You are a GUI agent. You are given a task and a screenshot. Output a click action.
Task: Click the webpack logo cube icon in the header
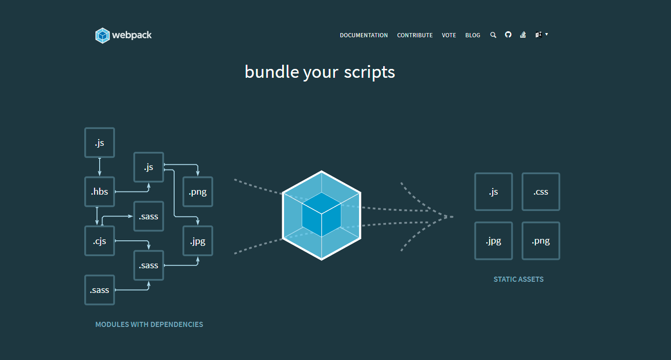(x=102, y=35)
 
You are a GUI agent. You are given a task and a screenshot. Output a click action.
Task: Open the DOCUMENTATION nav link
(x=364, y=35)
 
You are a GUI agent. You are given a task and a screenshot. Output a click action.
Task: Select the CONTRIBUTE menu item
(x=415, y=35)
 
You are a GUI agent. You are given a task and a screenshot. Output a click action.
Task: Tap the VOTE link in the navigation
(x=449, y=35)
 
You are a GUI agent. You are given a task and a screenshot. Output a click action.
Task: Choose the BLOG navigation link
(x=473, y=35)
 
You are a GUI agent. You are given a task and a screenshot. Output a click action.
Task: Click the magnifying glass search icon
(x=493, y=35)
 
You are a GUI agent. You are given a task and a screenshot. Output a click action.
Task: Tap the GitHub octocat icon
(x=508, y=35)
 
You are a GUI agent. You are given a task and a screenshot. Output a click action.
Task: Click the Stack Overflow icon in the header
(x=523, y=35)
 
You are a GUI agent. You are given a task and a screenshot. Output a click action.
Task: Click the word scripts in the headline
(x=369, y=73)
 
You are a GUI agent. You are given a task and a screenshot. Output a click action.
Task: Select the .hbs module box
(x=100, y=192)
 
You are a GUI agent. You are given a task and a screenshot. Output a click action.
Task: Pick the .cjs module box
(x=100, y=241)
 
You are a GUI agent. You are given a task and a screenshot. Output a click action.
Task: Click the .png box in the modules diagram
(x=198, y=192)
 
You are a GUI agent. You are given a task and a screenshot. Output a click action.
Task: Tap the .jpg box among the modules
(x=198, y=241)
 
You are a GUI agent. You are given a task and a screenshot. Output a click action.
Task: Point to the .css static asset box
(x=541, y=192)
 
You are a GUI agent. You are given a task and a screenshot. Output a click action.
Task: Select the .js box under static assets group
(x=494, y=192)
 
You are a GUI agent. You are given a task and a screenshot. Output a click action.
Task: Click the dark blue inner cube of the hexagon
(x=321, y=214)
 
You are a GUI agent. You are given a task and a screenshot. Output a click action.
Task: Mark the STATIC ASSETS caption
(x=519, y=279)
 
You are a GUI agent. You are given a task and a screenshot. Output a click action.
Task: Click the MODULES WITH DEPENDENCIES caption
(x=149, y=324)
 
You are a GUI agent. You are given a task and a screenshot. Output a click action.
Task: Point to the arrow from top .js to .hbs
(x=100, y=167)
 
